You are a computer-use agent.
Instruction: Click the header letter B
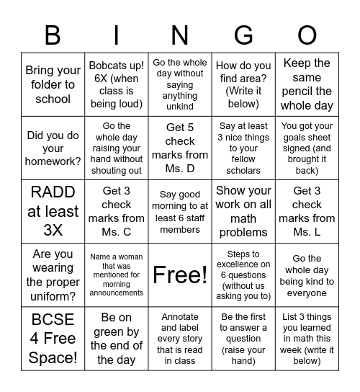(53, 34)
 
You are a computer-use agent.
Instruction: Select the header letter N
(180, 34)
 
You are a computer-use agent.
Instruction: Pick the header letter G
(243, 34)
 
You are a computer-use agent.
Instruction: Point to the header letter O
(307, 34)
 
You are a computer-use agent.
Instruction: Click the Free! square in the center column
(180, 275)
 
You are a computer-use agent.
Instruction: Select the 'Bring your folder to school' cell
(53, 84)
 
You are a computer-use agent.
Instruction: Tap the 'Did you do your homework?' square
(53, 148)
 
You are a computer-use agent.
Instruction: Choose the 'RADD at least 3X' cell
(53, 211)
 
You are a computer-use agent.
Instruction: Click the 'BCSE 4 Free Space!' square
(53, 338)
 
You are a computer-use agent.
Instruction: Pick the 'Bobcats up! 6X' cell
(116, 84)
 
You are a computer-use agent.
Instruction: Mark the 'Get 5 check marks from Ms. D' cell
(180, 148)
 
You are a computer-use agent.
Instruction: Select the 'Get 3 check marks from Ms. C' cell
(116, 211)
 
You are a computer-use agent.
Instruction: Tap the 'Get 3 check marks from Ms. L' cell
(307, 211)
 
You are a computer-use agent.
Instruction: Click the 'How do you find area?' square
(243, 84)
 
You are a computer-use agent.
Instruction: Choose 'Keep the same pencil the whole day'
(307, 84)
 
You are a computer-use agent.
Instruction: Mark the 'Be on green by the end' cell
(116, 338)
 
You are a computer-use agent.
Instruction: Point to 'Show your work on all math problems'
(243, 211)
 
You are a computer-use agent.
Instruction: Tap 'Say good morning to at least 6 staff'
(180, 211)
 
